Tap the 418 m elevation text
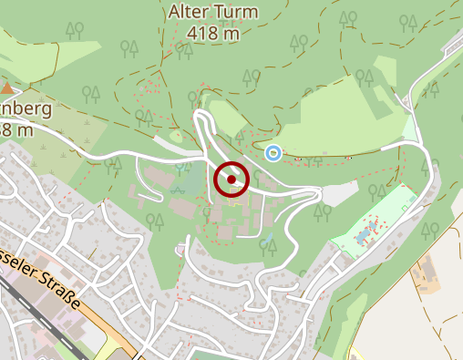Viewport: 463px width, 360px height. [214, 33]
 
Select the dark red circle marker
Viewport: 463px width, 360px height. [231, 180]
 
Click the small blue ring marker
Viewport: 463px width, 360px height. [273, 152]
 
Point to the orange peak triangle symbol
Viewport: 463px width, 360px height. [8, 88]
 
